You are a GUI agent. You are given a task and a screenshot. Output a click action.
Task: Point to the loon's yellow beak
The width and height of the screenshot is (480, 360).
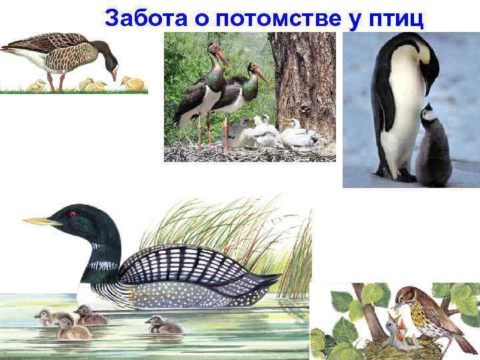[x=42, y=221]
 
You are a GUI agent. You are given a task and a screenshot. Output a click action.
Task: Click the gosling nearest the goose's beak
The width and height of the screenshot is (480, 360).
[x=133, y=83]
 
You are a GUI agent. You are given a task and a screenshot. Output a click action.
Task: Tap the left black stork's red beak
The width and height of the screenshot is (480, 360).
[x=224, y=58]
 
